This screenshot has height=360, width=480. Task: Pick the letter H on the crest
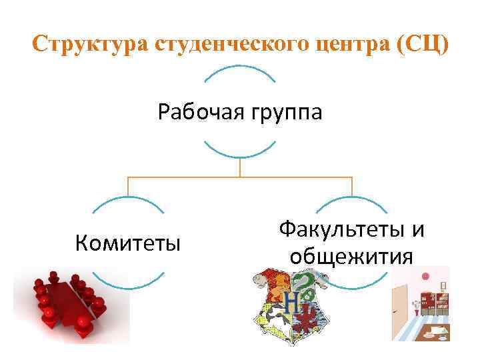pos(291,301)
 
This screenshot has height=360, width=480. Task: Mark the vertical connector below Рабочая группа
pos(240,167)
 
